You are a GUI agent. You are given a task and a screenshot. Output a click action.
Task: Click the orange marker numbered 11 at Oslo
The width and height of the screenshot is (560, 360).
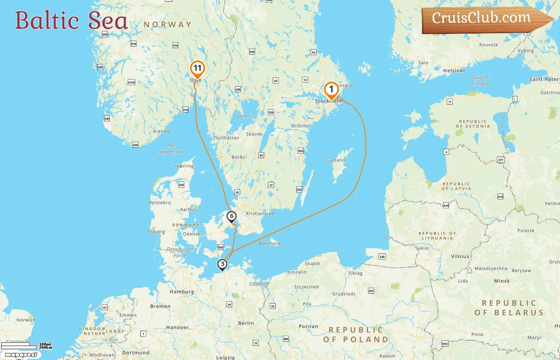[x=197, y=69]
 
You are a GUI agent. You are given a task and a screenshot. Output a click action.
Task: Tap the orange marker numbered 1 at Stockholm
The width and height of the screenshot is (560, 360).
[x=331, y=90]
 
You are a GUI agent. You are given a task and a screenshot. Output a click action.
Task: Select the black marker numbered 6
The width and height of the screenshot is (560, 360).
[x=231, y=216]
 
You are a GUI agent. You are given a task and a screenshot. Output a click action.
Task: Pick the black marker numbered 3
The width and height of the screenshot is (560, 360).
[x=222, y=264]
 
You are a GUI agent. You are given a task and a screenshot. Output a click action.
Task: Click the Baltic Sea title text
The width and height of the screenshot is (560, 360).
[x=71, y=20]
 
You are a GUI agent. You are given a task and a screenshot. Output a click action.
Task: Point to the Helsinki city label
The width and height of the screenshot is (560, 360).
[x=454, y=70]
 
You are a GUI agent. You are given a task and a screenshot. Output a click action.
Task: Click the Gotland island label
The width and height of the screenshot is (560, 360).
[x=336, y=160]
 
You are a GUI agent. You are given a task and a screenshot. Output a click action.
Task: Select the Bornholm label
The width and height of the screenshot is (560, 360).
[x=270, y=243]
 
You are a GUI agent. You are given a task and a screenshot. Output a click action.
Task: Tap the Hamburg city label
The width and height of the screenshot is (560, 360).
[x=182, y=292]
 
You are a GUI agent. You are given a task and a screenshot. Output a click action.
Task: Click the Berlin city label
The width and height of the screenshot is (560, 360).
[x=246, y=323]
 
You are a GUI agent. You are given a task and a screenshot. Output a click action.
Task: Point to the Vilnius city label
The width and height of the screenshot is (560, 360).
[x=460, y=256]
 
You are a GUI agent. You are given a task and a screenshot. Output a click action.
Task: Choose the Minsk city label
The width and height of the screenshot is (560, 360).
[x=502, y=281]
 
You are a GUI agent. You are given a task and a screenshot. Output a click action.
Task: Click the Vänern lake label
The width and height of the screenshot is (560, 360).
[x=244, y=116]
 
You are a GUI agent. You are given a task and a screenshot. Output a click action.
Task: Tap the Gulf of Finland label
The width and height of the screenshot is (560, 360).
[x=480, y=80]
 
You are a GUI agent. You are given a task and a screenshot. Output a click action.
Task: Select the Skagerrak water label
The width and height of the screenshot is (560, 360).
[x=170, y=149]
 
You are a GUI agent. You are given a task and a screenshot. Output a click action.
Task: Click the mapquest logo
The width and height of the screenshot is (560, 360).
[x=21, y=354]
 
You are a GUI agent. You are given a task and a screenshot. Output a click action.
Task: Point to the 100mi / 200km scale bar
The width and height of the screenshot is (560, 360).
[x=26, y=346]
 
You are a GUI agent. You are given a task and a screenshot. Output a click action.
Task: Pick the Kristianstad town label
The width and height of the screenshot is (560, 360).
[x=260, y=213]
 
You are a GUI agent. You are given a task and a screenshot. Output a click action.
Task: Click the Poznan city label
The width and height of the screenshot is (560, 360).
[x=308, y=326]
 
